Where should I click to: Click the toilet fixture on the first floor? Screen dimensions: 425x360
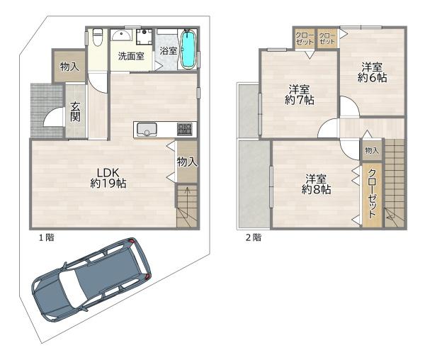97,37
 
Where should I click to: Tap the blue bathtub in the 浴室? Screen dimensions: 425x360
188,49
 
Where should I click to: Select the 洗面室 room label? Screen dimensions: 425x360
131,56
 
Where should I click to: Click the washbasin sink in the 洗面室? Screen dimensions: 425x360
121,35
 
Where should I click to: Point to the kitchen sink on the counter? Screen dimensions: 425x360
147,130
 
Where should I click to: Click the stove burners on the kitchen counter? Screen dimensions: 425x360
184,129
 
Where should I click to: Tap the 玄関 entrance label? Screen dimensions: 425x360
75,112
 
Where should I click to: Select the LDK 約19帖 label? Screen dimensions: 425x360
108,178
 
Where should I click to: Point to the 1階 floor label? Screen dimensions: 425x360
47,237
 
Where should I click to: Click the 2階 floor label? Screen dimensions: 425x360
254,237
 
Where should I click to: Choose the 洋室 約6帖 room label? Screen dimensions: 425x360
372,72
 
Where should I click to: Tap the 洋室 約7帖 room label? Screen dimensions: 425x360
299,95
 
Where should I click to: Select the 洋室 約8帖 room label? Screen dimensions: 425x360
316,184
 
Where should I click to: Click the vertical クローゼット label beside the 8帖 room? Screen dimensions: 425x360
372,193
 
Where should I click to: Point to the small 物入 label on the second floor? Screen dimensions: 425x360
372,150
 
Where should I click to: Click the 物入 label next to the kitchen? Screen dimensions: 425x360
187,162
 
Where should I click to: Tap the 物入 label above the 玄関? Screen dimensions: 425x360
69,67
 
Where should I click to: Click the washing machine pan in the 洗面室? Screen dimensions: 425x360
144,36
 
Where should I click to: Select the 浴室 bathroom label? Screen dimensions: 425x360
169,51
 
